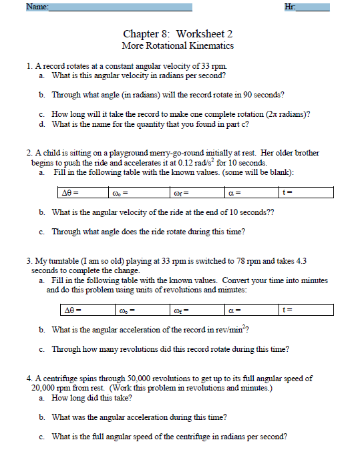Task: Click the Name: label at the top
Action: click(37, 7)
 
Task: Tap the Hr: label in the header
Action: click(290, 7)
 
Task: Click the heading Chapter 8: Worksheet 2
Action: click(178, 33)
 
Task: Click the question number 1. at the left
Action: click(29, 66)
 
